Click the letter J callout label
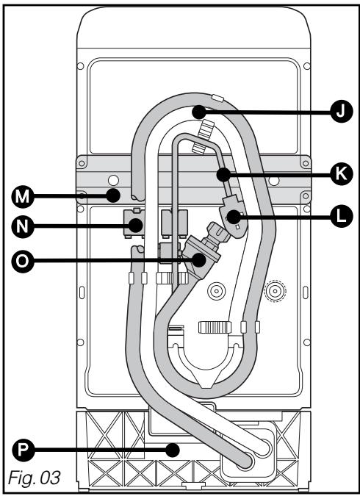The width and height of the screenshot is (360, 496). [340, 111]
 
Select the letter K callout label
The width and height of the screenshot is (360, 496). [340, 173]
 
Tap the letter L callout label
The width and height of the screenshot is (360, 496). [340, 216]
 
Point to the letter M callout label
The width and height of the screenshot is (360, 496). [22, 196]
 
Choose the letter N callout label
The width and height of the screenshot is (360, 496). [22, 226]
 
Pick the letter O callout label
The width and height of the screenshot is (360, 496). [22, 261]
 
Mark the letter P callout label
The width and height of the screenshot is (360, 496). [22, 450]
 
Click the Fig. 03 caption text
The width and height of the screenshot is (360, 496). [35, 478]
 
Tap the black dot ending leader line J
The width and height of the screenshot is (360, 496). [198, 112]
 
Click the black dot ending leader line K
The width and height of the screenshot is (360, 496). [223, 174]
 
